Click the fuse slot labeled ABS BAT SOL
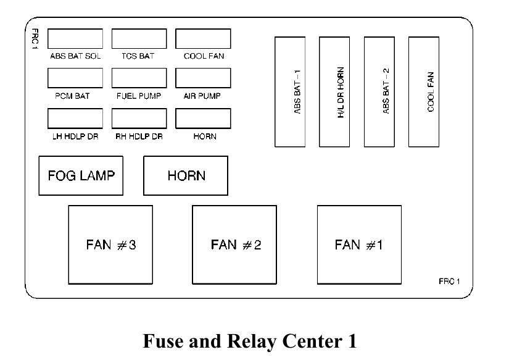tap(75, 38)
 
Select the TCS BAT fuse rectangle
tap(139, 38)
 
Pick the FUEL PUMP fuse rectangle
tap(139, 78)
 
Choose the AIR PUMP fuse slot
tap(203, 78)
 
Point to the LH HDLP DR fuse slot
tap(75, 119)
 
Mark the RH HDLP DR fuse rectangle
tap(139, 119)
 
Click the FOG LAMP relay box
tap(81, 175)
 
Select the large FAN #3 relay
tap(110, 245)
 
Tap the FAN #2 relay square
tap(234, 245)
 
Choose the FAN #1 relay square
tap(359, 245)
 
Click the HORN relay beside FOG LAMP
tap(186, 175)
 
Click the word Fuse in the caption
tap(163, 341)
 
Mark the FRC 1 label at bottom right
tap(450, 282)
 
